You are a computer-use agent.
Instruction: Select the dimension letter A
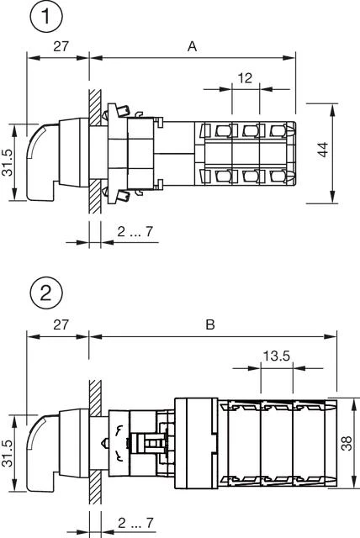[192, 47]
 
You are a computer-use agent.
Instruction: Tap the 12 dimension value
[245, 77]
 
